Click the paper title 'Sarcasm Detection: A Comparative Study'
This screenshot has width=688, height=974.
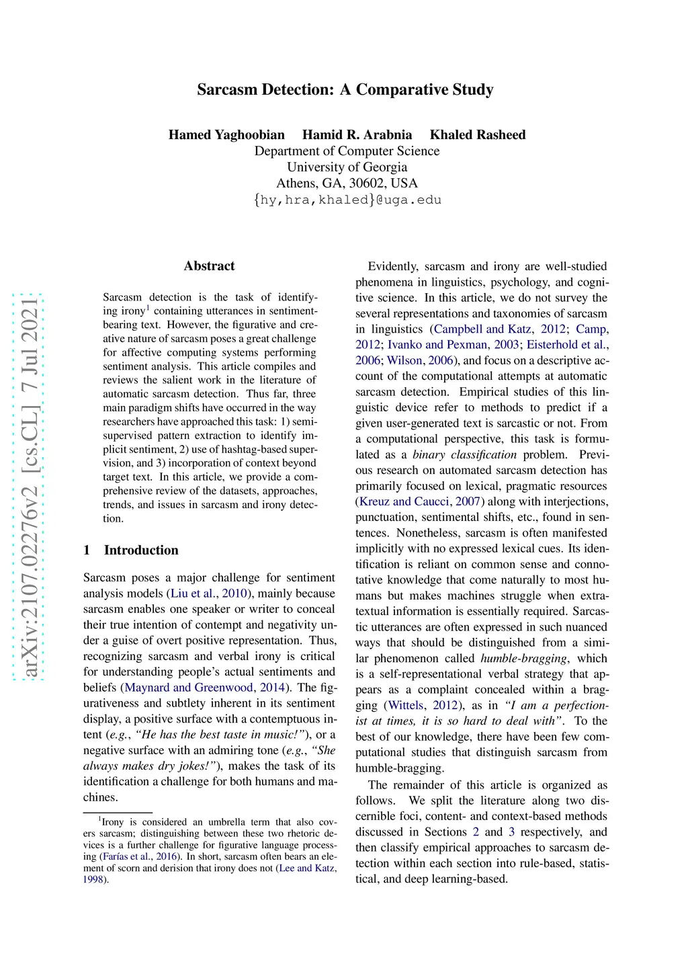coord(345,89)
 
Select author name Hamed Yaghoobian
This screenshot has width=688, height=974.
coord(226,134)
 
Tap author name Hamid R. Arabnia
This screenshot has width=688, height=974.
coord(357,134)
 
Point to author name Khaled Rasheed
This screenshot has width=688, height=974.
coord(478,134)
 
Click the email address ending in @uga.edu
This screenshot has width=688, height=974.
coord(347,200)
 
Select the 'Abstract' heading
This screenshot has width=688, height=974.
coord(209,266)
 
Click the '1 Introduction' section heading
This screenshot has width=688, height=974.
coord(131,550)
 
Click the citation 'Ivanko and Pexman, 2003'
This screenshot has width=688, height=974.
coord(453,344)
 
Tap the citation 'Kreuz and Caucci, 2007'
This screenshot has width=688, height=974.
coord(420,501)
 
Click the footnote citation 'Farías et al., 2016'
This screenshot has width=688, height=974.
coord(140,856)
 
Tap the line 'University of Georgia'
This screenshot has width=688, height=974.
coord(347,167)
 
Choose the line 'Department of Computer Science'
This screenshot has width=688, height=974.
coord(347,151)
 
